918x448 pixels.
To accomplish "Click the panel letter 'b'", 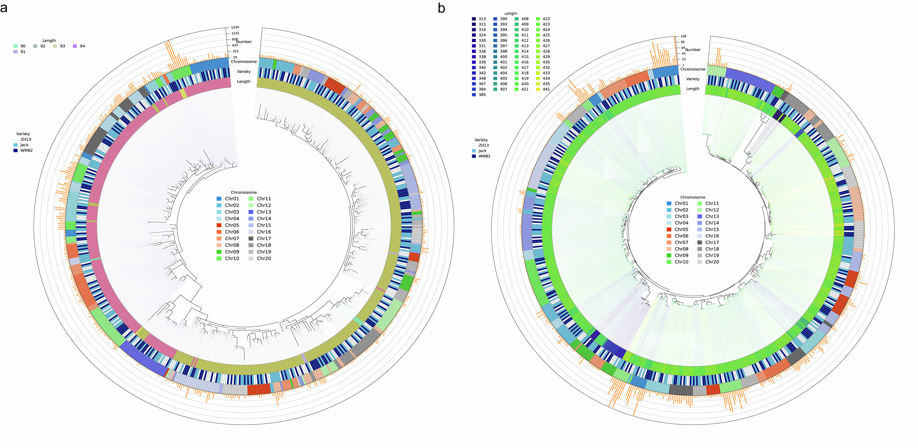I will (x=441, y=8).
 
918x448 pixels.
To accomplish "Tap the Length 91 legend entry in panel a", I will (x=16, y=52).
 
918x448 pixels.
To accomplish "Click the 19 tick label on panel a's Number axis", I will (x=235, y=57).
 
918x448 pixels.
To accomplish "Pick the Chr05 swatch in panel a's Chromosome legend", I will (x=219, y=225).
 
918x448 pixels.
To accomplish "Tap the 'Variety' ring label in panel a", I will (x=244, y=72).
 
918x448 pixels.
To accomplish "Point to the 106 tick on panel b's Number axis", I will (x=683, y=36).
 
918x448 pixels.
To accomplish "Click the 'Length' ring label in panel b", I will (x=693, y=89).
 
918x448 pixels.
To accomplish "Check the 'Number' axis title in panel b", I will (x=693, y=50).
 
